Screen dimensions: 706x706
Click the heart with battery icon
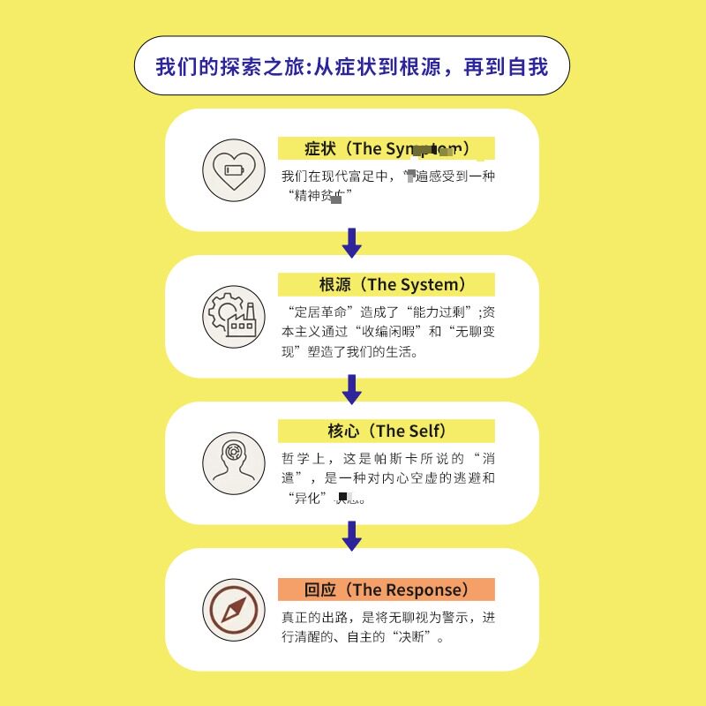point(234,169)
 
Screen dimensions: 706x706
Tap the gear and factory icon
point(234,316)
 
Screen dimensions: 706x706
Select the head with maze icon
point(234,462)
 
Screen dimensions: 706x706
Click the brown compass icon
point(234,609)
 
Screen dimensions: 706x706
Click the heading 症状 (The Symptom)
point(387,148)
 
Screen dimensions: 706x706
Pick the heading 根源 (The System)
point(387,284)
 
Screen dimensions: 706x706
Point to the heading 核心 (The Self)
point(387,431)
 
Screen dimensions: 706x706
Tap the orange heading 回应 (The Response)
point(387,590)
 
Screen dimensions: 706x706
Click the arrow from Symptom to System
point(352,243)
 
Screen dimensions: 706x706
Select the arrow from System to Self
point(352,389)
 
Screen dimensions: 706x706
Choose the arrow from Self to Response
point(352,536)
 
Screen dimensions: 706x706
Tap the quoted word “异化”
point(307,499)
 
